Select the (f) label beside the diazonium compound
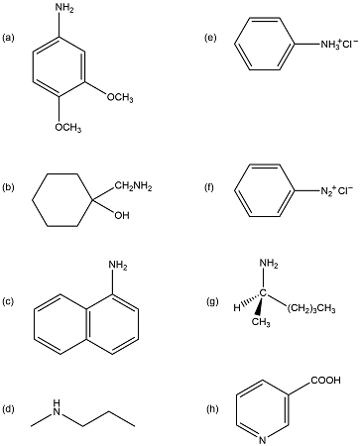tap(209, 186)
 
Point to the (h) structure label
tap(209, 408)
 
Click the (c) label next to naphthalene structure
tap(10, 300)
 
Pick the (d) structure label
tap(10, 408)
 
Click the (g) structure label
tap(209, 300)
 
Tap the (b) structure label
tap(10, 186)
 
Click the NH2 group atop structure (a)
tap(64, 9)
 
